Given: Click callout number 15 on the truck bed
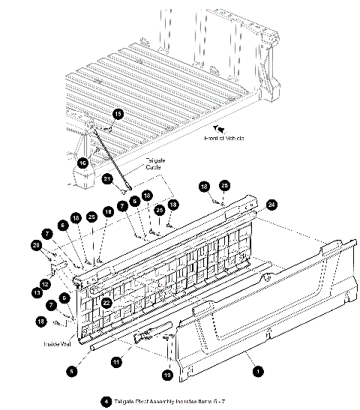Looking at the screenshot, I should tap(118, 114).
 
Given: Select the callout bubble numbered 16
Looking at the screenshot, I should tap(83, 161).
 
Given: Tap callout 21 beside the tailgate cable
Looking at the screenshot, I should tap(107, 178).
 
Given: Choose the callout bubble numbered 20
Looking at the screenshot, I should tap(36, 245).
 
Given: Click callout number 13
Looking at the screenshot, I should tap(36, 292).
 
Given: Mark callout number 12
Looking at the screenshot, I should tap(45, 285).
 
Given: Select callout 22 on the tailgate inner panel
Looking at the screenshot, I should tap(107, 303).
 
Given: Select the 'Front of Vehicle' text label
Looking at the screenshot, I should tap(224, 139).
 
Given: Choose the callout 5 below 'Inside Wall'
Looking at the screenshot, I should tap(71, 370).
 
